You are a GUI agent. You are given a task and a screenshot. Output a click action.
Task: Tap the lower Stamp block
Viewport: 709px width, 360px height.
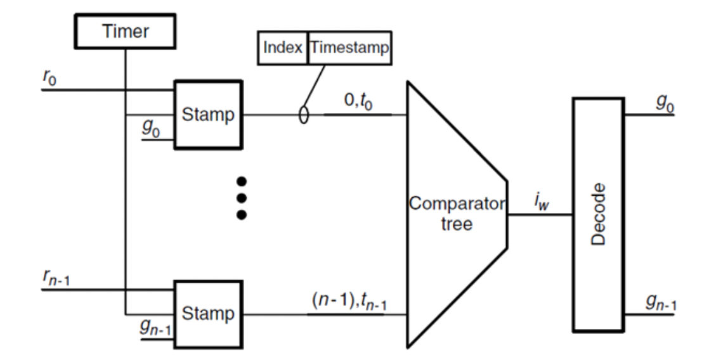(x=209, y=313)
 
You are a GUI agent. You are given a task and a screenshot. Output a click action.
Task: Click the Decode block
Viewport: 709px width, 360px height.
(x=599, y=214)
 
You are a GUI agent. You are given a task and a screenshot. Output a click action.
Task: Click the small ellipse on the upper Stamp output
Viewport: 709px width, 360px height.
(x=303, y=116)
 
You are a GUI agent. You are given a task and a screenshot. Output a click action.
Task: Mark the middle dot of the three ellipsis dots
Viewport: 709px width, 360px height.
(x=241, y=198)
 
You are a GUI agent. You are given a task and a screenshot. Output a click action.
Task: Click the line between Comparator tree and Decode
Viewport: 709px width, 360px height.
(x=539, y=215)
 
